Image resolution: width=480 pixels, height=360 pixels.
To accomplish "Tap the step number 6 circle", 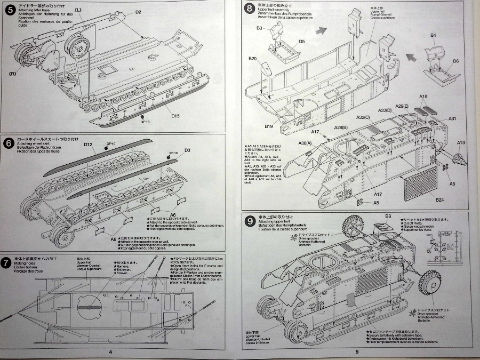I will click(7, 142).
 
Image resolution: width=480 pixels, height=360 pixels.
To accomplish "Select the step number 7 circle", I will click(7, 261).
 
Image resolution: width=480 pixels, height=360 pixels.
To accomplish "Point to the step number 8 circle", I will click(249, 7).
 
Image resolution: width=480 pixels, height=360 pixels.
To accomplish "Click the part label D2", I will click(138, 12).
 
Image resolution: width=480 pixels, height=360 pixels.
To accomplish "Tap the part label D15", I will click(175, 116).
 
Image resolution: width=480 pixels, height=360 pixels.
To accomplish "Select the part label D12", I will click(88, 145).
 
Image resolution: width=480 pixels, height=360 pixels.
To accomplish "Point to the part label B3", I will click(260, 28).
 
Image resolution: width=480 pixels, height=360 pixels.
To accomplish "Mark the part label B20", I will click(252, 59).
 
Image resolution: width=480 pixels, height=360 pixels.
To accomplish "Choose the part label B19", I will click(269, 126).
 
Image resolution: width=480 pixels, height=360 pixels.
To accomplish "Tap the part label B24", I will click(439, 199).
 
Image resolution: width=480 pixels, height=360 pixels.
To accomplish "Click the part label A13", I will click(461, 142).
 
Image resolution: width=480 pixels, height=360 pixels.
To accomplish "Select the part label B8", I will click(388, 216).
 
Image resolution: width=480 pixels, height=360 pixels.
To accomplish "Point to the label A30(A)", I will click(306, 144).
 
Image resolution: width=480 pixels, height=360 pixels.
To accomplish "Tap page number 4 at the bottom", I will click(110, 352).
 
